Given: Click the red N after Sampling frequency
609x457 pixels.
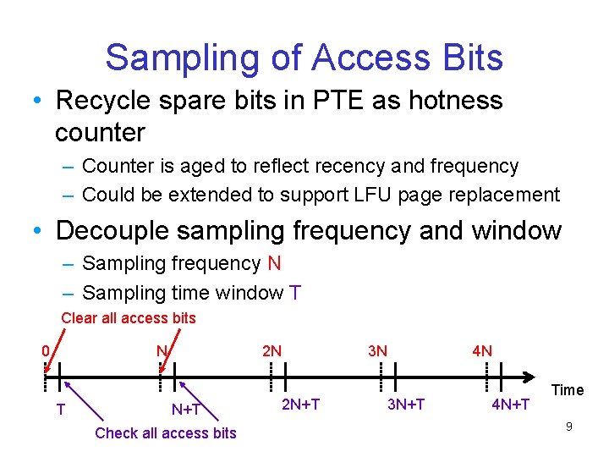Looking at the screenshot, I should (x=274, y=263).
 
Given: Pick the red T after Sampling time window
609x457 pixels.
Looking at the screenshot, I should (x=295, y=293).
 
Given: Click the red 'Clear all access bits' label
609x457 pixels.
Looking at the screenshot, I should (x=129, y=318).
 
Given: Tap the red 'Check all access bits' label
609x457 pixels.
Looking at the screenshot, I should (x=166, y=433).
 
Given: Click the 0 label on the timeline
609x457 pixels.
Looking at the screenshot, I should (x=47, y=350).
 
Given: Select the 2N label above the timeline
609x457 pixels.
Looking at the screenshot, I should (x=272, y=350).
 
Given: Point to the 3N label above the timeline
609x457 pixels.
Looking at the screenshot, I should (x=377, y=350).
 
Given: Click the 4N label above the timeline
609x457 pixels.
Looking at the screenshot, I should (x=482, y=350).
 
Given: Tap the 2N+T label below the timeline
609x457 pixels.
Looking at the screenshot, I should (x=300, y=405).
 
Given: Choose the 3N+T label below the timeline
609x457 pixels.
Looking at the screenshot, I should (x=406, y=405).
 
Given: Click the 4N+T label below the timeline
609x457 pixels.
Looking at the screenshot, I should (x=511, y=405).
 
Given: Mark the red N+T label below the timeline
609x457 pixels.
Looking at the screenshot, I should (x=186, y=410).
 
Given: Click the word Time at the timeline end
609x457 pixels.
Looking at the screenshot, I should (x=568, y=390).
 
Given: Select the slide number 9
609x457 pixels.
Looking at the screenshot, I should (x=569, y=427).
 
